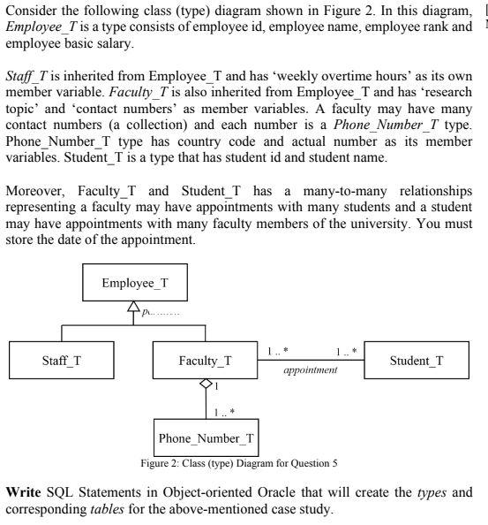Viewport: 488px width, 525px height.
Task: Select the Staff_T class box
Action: pos(60,361)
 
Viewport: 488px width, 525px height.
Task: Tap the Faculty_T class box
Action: pos(205,361)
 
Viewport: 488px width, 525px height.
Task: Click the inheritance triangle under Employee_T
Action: pos(133,308)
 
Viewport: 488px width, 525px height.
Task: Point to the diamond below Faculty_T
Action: pos(205,384)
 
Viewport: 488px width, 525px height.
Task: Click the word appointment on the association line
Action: pos(311,371)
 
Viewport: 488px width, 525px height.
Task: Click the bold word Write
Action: pos(25,491)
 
